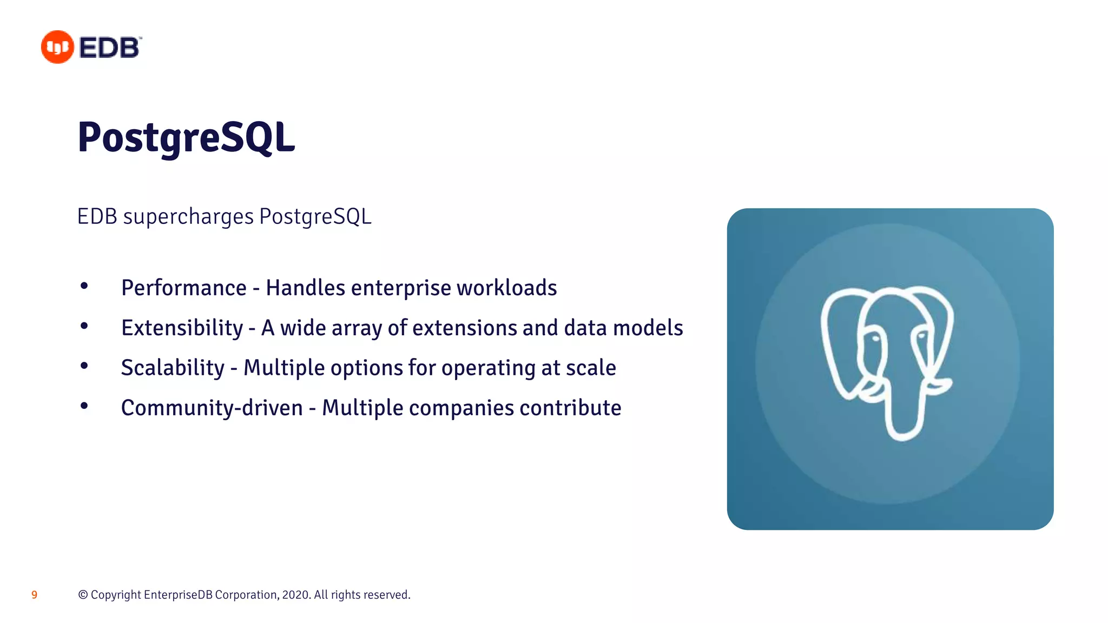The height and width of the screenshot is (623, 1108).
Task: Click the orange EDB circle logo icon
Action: pos(57,47)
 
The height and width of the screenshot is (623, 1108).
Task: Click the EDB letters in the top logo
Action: pos(110,48)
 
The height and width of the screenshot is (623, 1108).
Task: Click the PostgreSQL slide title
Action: pos(186,138)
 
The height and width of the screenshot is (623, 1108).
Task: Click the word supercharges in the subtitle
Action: pos(188,217)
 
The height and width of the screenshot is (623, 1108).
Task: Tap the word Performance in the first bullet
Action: pos(183,288)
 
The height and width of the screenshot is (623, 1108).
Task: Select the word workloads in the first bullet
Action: pos(506,288)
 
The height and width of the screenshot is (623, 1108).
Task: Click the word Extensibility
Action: pos(182,328)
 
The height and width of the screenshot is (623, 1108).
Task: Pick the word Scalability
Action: pos(172,368)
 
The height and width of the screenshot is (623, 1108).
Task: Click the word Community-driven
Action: pos(212,408)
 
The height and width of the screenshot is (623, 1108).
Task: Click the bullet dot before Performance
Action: pos(84,286)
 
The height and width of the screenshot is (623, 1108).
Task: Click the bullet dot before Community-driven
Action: pos(84,406)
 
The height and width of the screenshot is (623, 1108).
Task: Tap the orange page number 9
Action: pos(34,595)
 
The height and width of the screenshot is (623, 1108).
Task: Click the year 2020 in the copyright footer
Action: pos(295,595)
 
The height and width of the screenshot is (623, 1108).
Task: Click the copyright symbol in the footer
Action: pos(83,595)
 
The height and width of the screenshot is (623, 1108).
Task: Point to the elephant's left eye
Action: pos(874,337)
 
